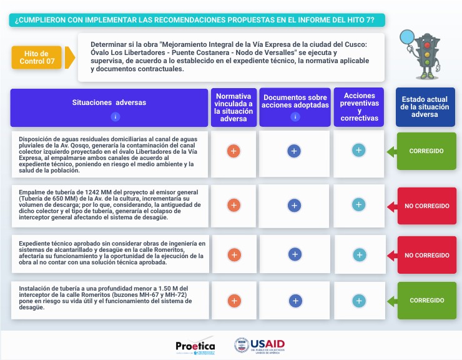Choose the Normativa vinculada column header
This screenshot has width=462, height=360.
tap(233, 107)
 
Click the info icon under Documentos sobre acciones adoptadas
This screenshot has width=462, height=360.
tap(295, 117)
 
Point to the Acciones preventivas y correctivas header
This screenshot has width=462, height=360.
tap(360, 107)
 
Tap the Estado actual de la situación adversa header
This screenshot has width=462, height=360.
tap(425, 107)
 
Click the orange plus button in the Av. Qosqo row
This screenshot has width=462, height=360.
tap(233, 151)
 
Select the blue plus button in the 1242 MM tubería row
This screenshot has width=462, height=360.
tap(295, 205)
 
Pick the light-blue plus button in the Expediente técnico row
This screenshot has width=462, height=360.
tap(359, 254)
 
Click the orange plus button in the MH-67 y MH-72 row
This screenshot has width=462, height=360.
tap(233, 301)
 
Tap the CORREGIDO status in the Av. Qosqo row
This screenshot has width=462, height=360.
tap(426, 151)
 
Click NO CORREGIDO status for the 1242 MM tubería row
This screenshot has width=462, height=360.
tap(426, 206)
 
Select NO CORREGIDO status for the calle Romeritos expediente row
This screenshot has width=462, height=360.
tap(426, 255)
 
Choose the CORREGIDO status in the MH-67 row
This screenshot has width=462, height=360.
tap(426, 300)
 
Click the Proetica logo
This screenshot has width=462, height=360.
tap(195, 346)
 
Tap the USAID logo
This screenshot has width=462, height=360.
tap(260, 345)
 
